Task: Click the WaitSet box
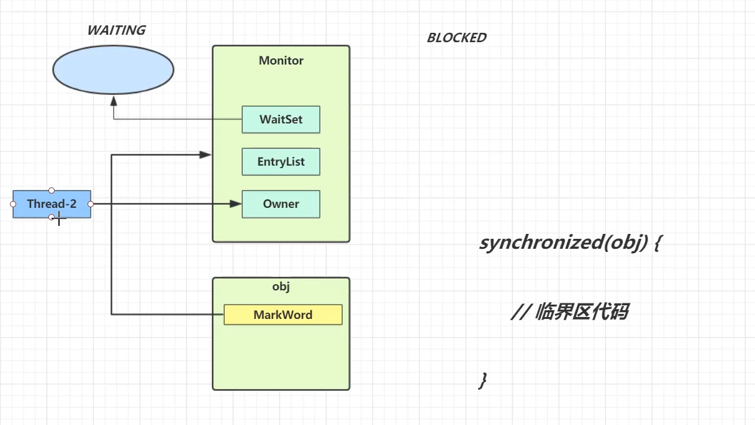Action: click(281, 120)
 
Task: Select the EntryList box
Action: click(281, 162)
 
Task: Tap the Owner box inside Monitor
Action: click(281, 204)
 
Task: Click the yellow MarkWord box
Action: click(283, 315)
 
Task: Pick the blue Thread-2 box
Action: click(52, 204)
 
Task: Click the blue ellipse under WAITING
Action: click(113, 69)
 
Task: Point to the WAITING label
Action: click(116, 30)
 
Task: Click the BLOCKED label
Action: click(456, 38)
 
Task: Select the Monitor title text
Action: click(281, 61)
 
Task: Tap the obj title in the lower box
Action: click(281, 287)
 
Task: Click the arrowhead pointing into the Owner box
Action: click(235, 204)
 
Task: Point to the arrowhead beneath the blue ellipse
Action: click(113, 100)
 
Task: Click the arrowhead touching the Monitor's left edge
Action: click(206, 154)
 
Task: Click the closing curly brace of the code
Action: click(482, 380)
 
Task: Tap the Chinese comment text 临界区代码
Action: click(581, 312)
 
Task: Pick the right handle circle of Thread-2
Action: click(91, 204)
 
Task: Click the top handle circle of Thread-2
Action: click(52, 190)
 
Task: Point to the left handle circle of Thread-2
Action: click(13, 204)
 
